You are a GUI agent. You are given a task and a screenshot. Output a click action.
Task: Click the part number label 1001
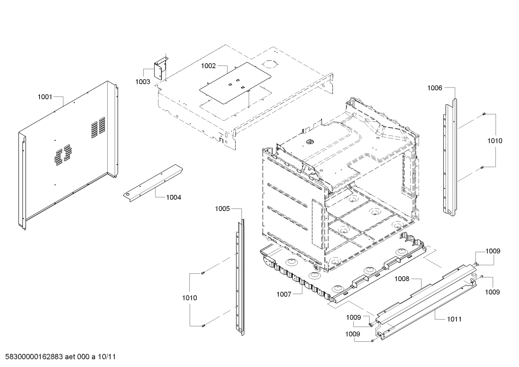45,97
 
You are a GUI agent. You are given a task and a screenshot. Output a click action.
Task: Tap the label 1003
143,82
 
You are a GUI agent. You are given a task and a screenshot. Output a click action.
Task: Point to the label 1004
173,197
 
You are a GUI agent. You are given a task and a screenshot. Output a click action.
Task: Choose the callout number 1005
222,209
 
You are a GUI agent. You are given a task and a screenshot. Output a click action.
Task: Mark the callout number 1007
284,294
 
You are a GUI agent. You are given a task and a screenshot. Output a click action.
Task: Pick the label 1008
402,278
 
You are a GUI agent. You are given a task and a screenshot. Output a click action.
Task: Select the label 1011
454,319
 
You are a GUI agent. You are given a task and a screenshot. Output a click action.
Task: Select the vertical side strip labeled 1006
451,158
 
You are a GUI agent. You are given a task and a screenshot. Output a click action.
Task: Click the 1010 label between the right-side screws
495,141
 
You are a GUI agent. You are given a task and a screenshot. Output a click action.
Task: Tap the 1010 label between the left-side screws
189,298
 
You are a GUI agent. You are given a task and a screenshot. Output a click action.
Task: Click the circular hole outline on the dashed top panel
270,64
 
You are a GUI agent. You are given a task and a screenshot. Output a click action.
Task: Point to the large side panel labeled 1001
68,151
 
